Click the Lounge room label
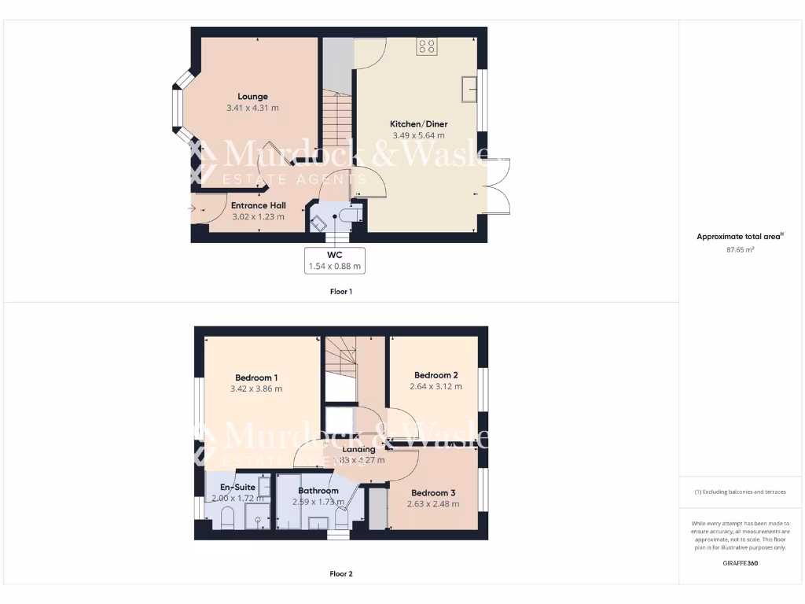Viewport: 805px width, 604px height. (252, 97)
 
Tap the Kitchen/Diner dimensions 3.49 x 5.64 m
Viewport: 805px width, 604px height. (418, 135)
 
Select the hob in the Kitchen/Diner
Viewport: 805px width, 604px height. (427, 47)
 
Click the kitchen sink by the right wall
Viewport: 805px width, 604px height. (470, 89)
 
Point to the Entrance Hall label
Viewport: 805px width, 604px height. (258, 205)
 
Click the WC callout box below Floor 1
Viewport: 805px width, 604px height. (335, 260)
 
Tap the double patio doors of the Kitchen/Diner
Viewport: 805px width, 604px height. (498, 186)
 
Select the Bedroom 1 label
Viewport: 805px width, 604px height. (256, 377)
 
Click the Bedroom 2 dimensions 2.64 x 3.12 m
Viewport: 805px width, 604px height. (436, 386)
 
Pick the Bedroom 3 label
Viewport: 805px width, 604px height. (432, 493)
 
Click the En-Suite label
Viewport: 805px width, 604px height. (237, 488)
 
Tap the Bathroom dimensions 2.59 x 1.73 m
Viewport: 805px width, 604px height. (318, 502)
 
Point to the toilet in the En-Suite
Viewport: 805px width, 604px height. (226, 518)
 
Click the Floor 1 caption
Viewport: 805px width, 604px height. (340, 292)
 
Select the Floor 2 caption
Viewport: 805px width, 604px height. (340, 574)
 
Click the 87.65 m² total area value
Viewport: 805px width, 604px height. (739, 249)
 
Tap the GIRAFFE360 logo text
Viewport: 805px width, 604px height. (740, 563)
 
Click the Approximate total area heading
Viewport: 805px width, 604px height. (739, 236)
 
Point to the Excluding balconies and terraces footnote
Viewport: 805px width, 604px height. (739, 492)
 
